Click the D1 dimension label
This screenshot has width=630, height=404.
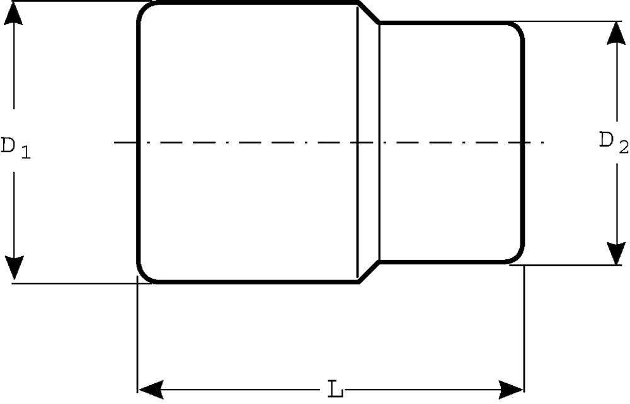15,147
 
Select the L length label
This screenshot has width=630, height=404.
336,389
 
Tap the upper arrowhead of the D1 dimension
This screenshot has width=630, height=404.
14,16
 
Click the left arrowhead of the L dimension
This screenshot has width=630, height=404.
151,389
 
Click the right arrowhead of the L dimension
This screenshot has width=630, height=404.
511,389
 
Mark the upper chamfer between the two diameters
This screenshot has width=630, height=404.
369,13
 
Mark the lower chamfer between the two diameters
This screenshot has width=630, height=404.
369,272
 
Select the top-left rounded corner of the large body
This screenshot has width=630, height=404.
146,11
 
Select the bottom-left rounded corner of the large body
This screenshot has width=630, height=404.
146,274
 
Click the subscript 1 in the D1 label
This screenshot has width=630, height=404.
26,152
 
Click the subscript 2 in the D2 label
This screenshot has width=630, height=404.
624,148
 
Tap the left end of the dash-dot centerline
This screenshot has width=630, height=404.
115,142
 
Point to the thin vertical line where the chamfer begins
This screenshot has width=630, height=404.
357,142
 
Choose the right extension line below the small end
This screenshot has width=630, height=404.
524,329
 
